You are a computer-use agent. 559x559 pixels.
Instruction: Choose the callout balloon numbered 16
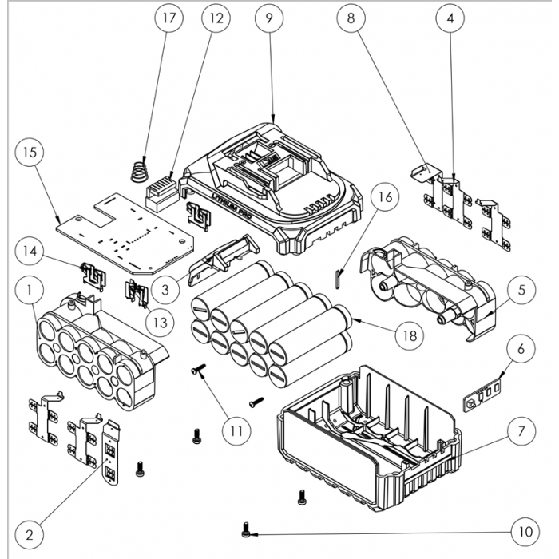coord(384,196)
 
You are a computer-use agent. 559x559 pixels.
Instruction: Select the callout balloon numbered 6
coord(521,350)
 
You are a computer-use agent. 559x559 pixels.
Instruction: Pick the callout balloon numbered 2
coord(30,532)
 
